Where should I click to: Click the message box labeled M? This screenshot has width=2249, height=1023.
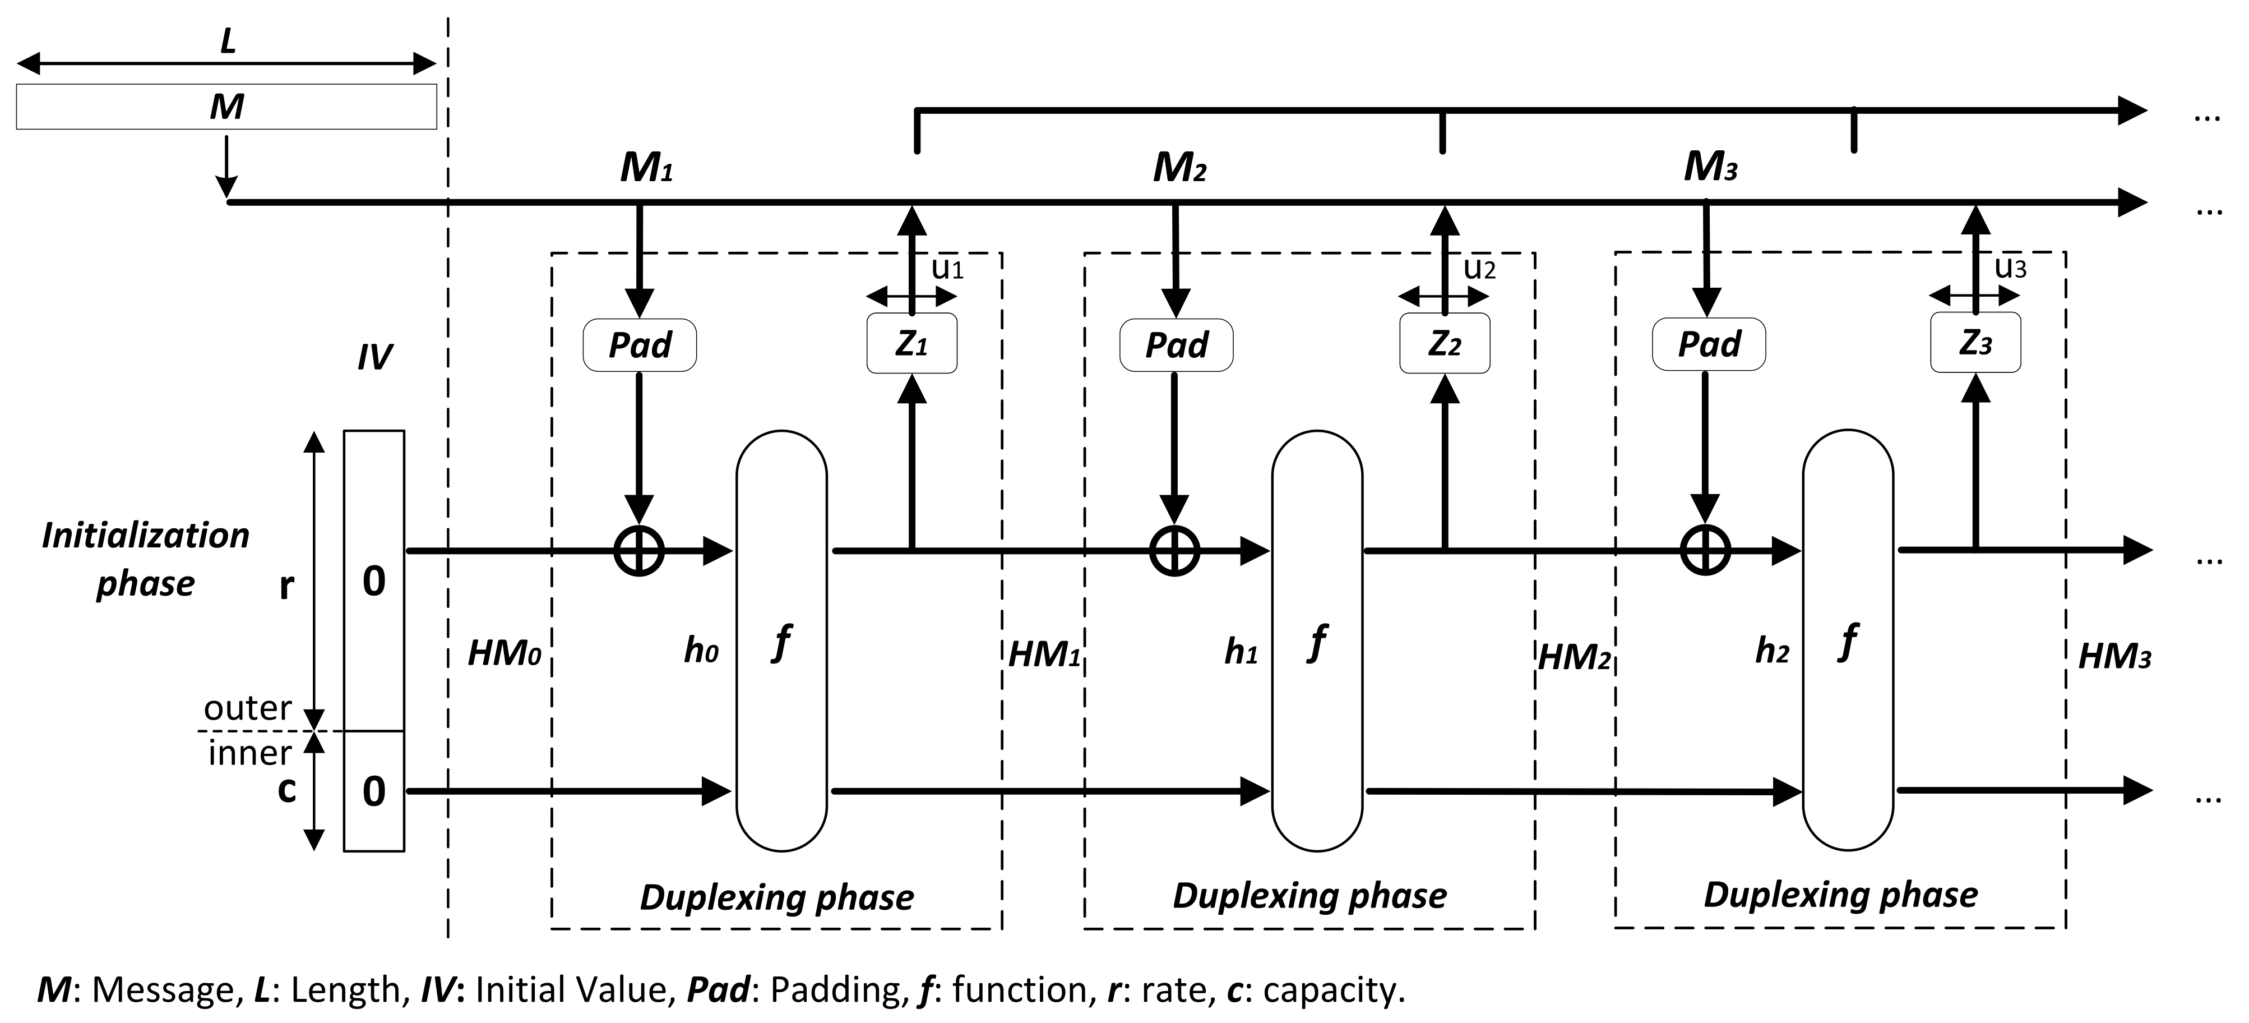click(226, 107)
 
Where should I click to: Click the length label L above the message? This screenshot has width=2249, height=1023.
click(228, 40)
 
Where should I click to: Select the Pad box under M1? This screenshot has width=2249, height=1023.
click(639, 345)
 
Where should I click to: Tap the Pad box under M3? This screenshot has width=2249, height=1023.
click(1709, 344)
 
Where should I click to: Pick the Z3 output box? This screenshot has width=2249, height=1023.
click(1975, 343)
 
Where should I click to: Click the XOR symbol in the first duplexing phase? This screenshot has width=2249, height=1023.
click(639, 551)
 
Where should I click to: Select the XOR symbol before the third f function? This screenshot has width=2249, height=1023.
click(1705, 551)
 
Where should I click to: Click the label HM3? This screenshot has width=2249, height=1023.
click(2114, 656)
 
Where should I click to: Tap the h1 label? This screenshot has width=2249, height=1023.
click(1240, 652)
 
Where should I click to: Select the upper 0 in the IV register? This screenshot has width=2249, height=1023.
click(374, 581)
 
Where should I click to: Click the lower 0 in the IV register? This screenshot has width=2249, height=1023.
click(374, 791)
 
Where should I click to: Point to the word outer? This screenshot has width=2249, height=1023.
click(247, 708)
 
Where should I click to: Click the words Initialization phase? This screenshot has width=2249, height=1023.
click(145, 559)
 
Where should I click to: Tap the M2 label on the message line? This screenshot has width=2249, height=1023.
click(1179, 168)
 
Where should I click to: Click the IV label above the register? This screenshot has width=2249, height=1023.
click(374, 357)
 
